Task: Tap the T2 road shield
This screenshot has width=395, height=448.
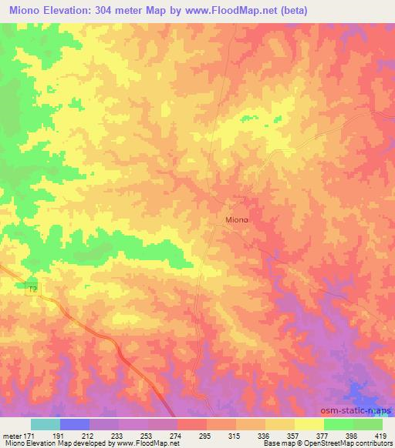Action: click(x=32, y=287)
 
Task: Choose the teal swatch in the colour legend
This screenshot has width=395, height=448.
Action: click(x=46, y=423)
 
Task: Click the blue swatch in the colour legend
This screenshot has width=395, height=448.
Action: click(x=75, y=423)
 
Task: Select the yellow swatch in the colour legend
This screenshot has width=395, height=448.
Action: click(x=309, y=423)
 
